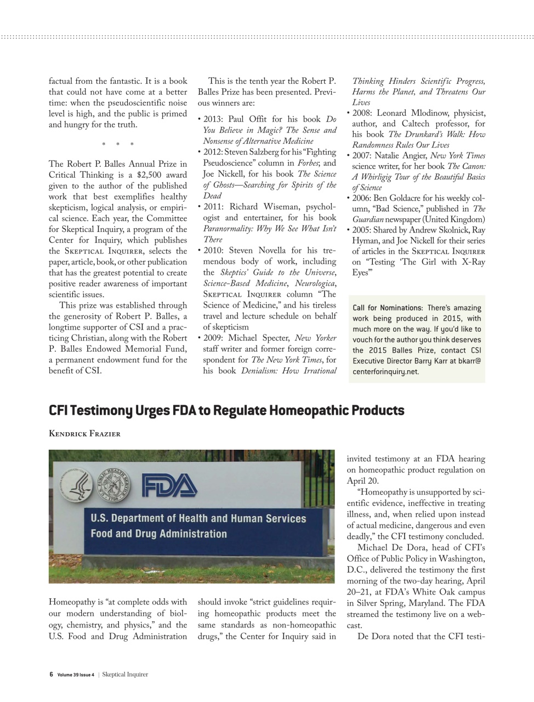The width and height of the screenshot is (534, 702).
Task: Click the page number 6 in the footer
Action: pos(51,675)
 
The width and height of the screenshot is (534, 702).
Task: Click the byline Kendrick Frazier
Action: pos(84,434)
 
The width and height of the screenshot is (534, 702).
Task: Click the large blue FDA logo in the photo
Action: pos(169,484)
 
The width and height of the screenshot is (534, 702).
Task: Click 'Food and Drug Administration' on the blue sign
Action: pos(158,534)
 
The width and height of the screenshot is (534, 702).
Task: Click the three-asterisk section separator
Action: pos(117,145)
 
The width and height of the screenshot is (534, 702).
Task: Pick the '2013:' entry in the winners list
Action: pos(213,120)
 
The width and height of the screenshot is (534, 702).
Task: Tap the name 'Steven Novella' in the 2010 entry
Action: pos(257,251)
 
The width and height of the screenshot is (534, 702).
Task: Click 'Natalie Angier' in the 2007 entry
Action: pos(401,156)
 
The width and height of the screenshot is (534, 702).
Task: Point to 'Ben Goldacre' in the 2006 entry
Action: pos(397,198)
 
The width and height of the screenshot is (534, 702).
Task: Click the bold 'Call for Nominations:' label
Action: pos(388,308)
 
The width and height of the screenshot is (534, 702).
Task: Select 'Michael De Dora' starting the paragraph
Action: pos(390,547)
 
